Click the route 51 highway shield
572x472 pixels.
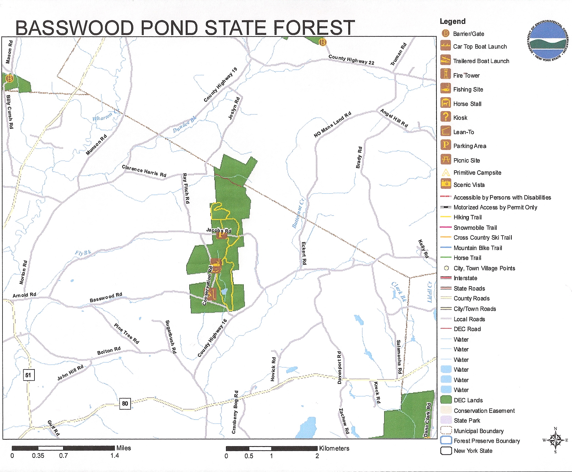coord(28,375)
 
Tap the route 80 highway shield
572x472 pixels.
coord(125,403)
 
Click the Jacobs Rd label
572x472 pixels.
coord(218,230)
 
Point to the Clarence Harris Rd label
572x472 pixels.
coord(144,171)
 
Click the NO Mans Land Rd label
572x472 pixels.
coord(332,125)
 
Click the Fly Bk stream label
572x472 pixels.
coord(83,253)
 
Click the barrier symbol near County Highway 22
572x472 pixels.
coord(322,42)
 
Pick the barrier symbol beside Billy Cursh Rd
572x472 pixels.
coord(10,79)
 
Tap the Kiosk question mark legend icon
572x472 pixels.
coord(446,117)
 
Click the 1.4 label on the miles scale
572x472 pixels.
coord(115,456)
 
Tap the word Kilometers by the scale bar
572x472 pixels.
coord(334,448)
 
